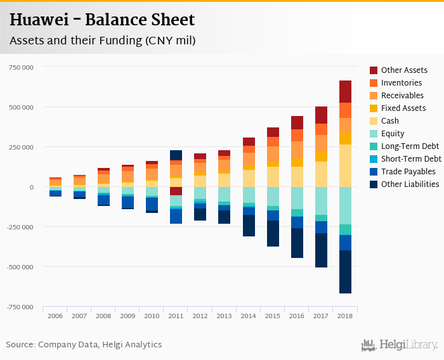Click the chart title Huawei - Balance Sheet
point(101,20)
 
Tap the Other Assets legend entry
point(404,70)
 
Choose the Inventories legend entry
point(402,83)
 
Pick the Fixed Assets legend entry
point(403,108)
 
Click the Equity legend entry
point(393,134)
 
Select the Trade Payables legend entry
point(408,172)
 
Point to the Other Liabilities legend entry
point(410,184)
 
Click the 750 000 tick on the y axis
point(22,67)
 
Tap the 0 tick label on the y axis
point(31,188)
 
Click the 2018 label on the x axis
point(345,316)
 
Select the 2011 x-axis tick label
point(176,316)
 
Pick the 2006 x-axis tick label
point(55,316)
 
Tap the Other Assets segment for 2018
point(345,92)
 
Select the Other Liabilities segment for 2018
point(345,272)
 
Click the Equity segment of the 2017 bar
point(321,201)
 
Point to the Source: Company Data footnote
point(84,345)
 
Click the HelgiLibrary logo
point(400,345)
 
